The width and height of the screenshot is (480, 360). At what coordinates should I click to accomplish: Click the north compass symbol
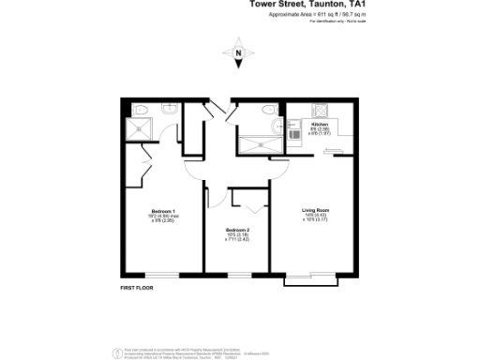pyautogui.click(x=239, y=52)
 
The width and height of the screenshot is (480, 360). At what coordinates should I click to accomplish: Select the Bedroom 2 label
pyautogui.click(x=236, y=233)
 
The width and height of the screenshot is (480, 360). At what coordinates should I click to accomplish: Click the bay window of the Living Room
pyautogui.click(x=317, y=278)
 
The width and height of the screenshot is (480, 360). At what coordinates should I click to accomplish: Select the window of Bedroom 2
pyautogui.click(x=238, y=274)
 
